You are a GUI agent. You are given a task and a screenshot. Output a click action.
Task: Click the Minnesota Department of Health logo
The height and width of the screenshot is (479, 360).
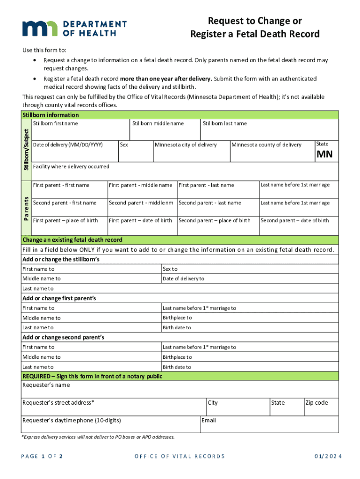tap(74, 29)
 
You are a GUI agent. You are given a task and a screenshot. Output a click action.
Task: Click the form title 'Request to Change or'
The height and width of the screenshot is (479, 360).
tap(255, 21)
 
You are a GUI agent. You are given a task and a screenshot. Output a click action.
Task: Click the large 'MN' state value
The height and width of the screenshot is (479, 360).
tap(324, 155)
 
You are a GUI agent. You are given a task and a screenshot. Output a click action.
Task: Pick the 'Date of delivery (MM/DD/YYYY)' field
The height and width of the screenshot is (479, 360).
tap(74, 151)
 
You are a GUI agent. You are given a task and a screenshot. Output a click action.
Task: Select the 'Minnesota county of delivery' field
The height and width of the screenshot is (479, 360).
tap(272, 151)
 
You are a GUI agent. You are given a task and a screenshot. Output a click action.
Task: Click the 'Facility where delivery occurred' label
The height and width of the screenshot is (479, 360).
tap(71, 167)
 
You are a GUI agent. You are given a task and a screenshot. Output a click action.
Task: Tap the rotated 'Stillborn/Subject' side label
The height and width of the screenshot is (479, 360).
tap(27, 149)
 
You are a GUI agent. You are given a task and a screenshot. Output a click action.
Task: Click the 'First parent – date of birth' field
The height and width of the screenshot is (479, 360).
tap(142, 225)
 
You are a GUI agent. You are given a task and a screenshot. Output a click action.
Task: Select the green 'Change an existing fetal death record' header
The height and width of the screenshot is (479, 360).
tap(72, 239)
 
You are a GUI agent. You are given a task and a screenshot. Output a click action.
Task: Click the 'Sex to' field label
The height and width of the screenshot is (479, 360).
tap(170, 269)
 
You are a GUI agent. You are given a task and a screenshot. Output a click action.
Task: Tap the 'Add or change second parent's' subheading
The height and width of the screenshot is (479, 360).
tap(64, 337)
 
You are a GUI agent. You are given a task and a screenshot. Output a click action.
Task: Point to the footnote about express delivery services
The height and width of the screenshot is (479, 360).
tap(98, 437)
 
